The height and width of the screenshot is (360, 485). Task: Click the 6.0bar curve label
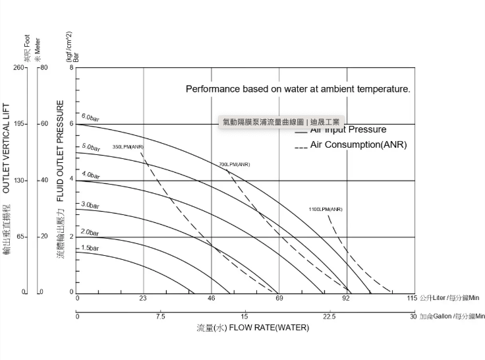coord(90,117)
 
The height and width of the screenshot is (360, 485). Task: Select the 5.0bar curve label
coord(90,146)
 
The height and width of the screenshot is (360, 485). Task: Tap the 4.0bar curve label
coord(90,175)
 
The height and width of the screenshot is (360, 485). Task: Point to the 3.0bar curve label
coord(90,205)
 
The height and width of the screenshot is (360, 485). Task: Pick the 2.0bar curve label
coord(90,232)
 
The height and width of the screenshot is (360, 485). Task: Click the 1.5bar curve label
coord(90,248)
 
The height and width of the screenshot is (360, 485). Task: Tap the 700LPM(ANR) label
coord(234,164)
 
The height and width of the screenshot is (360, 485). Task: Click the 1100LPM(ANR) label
coord(326,209)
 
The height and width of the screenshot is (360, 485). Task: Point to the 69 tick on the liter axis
coord(279,299)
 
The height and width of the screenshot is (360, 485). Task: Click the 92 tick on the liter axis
coord(346,299)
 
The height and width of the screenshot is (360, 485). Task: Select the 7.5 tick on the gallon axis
coord(161,317)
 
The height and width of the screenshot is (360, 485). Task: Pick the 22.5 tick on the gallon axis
coord(329,317)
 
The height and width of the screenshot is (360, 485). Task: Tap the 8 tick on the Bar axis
coord(71,68)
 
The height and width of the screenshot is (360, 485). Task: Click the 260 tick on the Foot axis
coord(18,68)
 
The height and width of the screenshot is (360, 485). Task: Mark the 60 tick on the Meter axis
coord(44,124)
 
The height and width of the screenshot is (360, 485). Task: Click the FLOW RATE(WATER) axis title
coord(252,328)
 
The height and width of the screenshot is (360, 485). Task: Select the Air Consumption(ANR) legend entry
coord(358,144)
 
